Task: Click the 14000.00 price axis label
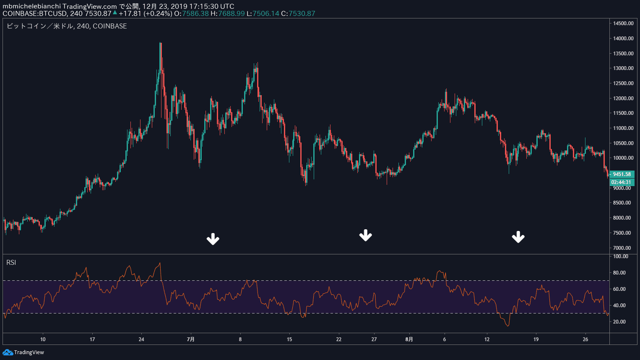(x=623, y=39)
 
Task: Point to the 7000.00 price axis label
(x=623, y=248)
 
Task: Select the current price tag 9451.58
(x=622, y=174)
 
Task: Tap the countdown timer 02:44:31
(x=621, y=182)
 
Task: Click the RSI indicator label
(x=11, y=263)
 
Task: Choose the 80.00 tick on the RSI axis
(x=619, y=273)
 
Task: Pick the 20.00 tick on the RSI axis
(x=619, y=322)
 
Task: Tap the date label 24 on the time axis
(x=141, y=339)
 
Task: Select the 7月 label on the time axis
(x=191, y=339)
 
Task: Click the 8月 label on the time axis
(x=409, y=339)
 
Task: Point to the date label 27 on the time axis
(x=374, y=339)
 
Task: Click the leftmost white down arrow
(x=213, y=239)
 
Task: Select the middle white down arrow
(x=366, y=236)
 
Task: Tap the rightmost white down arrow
(x=518, y=237)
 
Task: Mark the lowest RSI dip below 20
(x=508, y=325)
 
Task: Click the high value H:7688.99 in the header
(x=227, y=13)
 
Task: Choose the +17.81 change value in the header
(x=130, y=13)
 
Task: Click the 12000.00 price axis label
(x=623, y=98)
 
